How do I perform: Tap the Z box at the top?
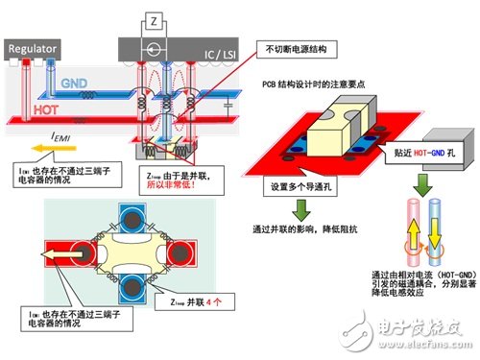(x=155, y=18)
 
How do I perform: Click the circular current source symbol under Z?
(x=155, y=45)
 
